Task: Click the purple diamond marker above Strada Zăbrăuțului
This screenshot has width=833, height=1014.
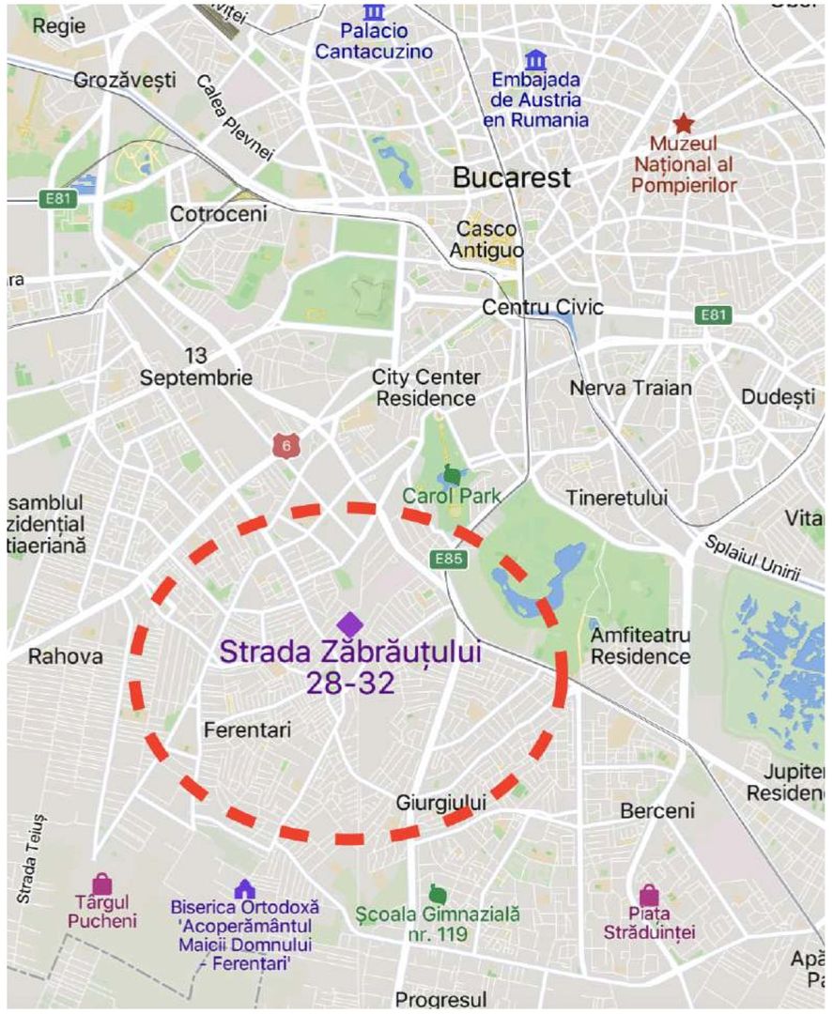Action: (349, 624)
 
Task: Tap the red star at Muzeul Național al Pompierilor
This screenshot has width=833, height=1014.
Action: (683, 124)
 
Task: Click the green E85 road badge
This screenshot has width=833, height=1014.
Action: (450, 560)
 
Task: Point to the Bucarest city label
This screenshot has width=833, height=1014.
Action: (512, 177)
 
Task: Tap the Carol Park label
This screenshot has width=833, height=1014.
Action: (452, 496)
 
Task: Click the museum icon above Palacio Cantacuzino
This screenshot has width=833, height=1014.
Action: (374, 11)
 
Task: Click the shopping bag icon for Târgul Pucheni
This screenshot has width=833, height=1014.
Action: (101, 883)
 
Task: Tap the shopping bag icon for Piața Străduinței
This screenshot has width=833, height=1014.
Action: (649, 895)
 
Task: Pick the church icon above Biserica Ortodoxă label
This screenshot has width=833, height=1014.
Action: (244, 887)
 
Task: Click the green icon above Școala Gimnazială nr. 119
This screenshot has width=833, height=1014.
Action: (437, 893)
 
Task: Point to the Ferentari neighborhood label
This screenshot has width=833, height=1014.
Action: (248, 730)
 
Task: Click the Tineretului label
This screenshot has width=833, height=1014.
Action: (617, 498)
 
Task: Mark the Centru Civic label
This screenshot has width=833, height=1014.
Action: (543, 308)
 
